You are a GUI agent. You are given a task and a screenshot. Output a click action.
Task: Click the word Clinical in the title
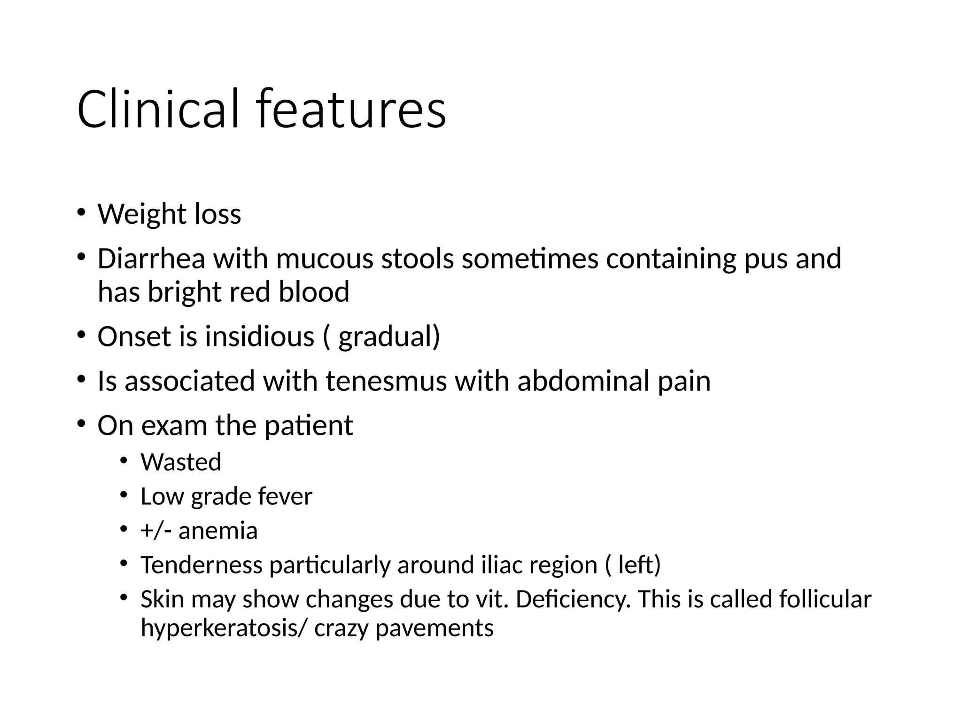point(157,109)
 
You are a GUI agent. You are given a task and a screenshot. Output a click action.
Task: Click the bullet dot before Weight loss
point(82,212)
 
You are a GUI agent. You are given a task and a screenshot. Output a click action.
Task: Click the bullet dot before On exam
point(82,424)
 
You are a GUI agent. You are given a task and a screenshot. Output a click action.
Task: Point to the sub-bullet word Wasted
point(181,462)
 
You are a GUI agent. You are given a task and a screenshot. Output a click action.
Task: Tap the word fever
point(285,496)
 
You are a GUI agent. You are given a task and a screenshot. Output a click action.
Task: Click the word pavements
point(434,628)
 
